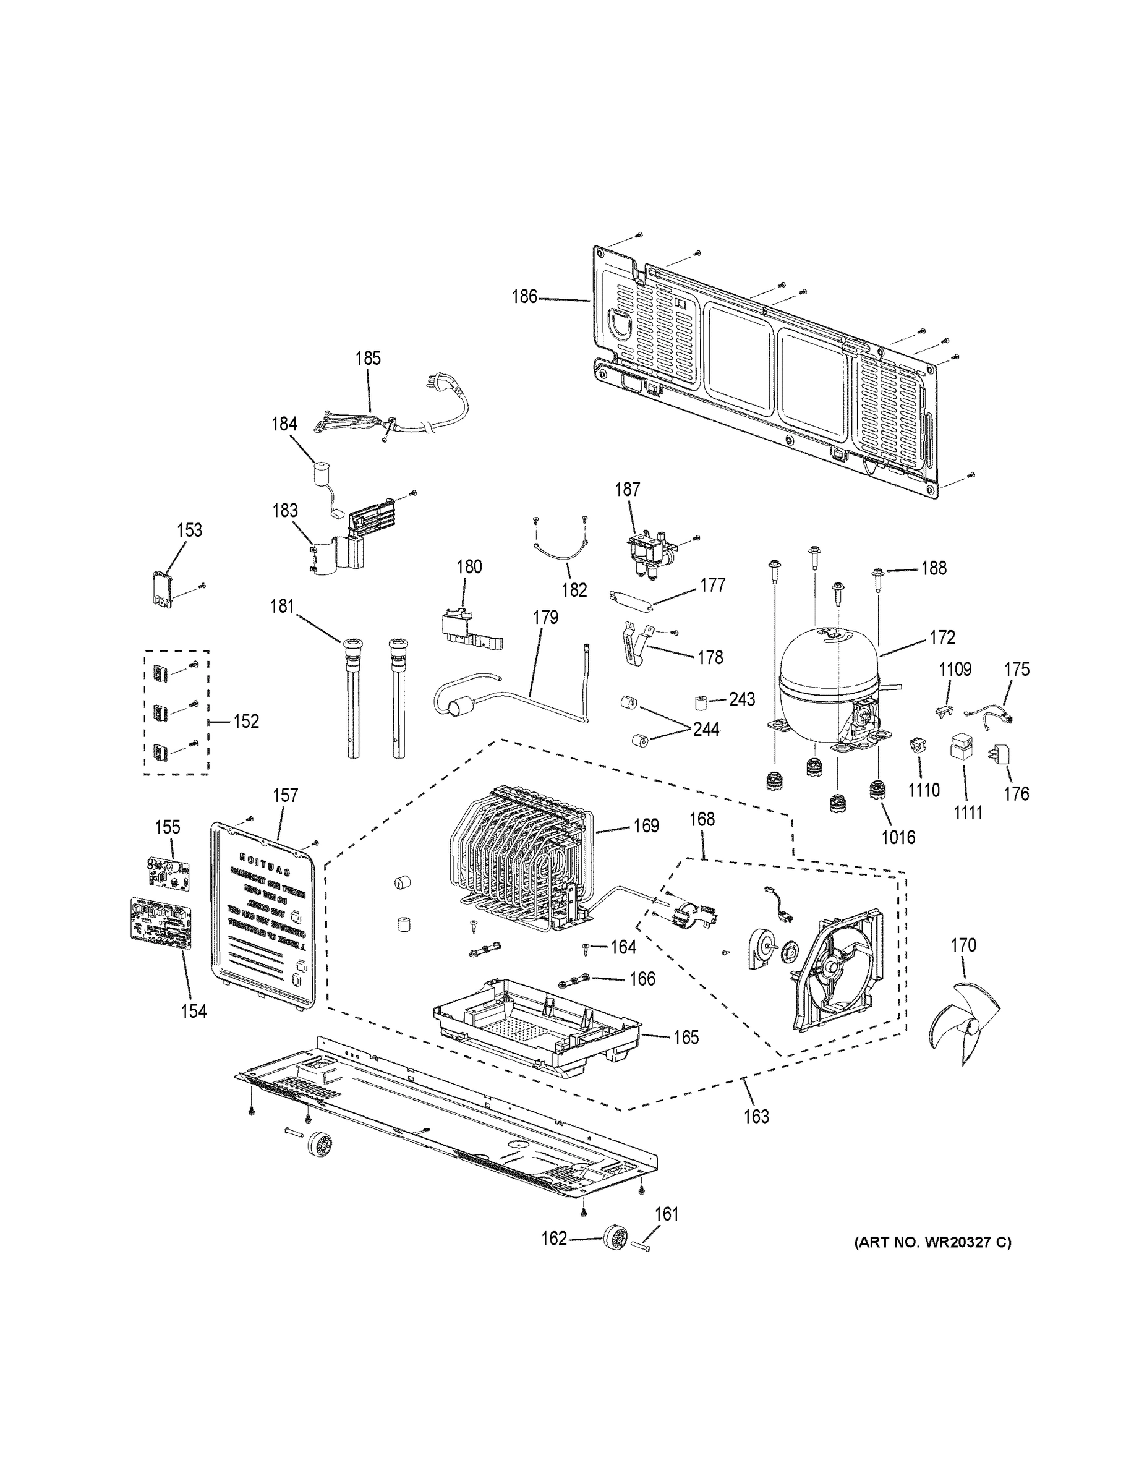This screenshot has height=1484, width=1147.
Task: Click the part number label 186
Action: [524, 297]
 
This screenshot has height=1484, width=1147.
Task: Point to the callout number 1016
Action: [898, 838]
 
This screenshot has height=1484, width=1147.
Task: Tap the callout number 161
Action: [667, 1214]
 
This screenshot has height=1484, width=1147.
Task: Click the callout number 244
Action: [706, 729]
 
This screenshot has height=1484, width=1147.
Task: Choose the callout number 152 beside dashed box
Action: [246, 721]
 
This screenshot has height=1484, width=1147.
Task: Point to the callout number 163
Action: [756, 1115]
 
